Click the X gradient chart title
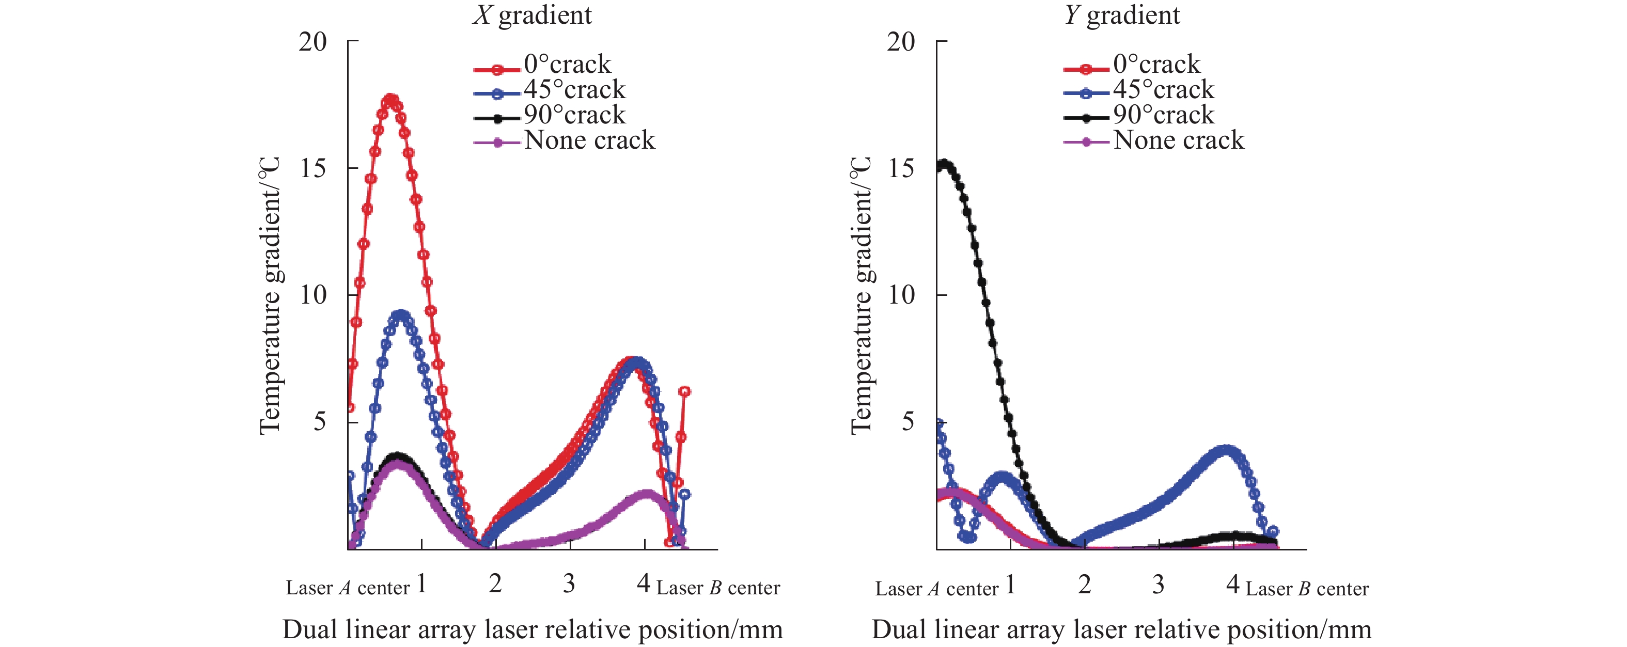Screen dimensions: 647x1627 click(x=533, y=15)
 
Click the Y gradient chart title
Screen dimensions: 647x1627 click(x=1122, y=15)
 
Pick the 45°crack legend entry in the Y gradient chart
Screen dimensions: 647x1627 click(x=1163, y=90)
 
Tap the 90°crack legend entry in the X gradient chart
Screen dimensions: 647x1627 click(x=573, y=115)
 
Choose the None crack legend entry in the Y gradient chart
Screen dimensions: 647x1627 click(x=1178, y=140)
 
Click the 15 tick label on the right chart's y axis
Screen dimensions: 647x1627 click(x=901, y=168)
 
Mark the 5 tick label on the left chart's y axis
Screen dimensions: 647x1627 click(x=320, y=422)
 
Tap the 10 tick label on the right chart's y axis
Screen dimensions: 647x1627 click(x=901, y=295)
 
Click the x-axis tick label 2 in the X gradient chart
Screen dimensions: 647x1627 click(x=495, y=584)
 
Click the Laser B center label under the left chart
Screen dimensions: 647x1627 click(x=718, y=588)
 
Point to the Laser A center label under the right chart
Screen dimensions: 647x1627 click(x=936, y=590)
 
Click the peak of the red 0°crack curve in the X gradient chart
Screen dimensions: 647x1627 click(x=391, y=100)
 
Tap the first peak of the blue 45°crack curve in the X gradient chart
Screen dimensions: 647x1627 click(x=400, y=314)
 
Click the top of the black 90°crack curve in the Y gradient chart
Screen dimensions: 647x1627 click(x=945, y=165)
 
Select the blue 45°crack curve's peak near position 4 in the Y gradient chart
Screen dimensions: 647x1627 click(x=1226, y=451)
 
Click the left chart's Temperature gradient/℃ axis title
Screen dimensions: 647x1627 click(x=270, y=295)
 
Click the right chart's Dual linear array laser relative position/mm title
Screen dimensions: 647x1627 click(x=1121, y=630)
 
